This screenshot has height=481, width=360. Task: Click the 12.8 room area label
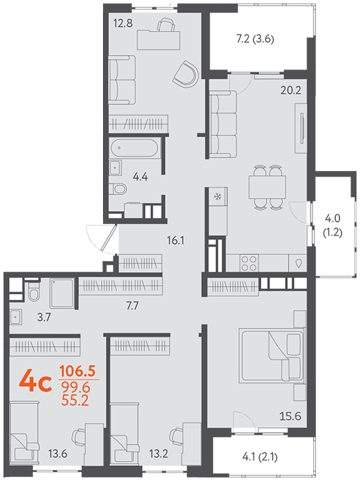pos(123,23)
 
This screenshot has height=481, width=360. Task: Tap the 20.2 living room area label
pos(291,90)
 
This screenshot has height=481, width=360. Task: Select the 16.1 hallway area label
pos(175,240)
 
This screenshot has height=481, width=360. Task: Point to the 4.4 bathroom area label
pos(140,177)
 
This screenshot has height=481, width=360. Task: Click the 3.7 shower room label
pos(44,317)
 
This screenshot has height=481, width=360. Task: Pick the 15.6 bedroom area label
pos(290,416)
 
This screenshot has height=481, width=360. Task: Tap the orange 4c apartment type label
pos(36,381)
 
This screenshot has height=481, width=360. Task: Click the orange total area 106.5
pos(78,371)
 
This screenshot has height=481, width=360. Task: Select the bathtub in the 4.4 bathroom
pos(134,148)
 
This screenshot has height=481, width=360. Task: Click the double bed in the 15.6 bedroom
pos(272,355)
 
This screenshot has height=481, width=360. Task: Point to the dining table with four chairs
pos(267,188)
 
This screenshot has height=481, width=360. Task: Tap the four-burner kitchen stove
pos(249,263)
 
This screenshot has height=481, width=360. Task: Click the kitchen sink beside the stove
pos(297,263)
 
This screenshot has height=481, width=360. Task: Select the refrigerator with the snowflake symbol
pos(218,197)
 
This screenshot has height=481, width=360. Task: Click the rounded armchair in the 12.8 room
pos(185,74)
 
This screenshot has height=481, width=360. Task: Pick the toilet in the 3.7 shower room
pos(34,291)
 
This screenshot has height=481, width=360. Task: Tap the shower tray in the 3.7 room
pos(63,293)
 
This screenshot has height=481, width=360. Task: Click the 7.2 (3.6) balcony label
pos(255,39)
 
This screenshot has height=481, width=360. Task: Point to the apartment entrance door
pos(109,238)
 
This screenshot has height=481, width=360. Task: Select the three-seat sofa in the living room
pos(223,124)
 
